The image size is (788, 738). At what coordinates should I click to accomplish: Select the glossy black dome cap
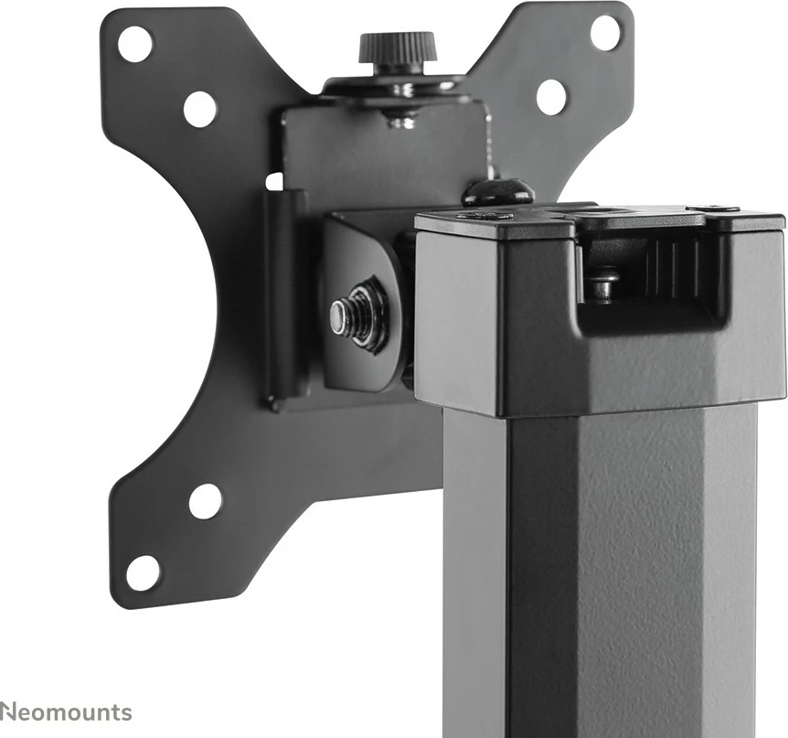(x=498, y=191)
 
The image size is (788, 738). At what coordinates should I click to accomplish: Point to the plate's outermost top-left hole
(x=135, y=43)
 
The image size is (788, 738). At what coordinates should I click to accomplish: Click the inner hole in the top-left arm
(x=199, y=109)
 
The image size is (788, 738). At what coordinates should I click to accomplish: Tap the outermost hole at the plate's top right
(x=605, y=32)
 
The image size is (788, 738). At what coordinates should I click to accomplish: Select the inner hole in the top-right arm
(x=551, y=96)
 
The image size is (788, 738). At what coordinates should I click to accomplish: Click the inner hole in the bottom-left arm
(x=205, y=500)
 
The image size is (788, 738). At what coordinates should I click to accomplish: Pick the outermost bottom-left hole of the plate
(x=142, y=572)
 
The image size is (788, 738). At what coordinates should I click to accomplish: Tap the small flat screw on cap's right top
(x=726, y=209)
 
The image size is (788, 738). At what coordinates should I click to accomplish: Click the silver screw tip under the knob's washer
(x=400, y=117)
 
